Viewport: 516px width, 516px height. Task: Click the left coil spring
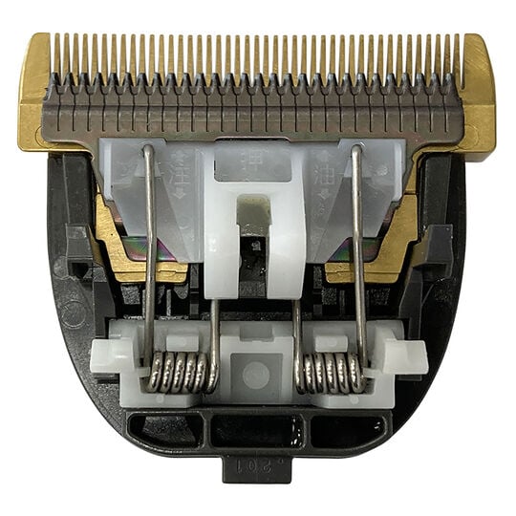point(180,373)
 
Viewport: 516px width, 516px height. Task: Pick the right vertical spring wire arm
point(358,248)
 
